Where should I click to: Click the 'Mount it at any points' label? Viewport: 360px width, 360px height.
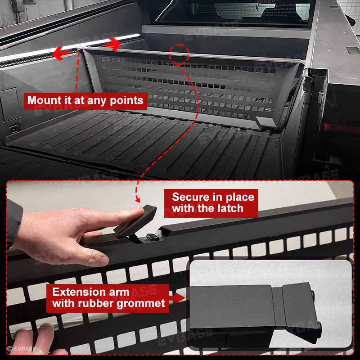pos(85,101)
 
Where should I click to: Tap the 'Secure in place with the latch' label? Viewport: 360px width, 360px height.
pos(211,203)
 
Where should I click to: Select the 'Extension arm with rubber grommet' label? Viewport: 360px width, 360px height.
pos(108,298)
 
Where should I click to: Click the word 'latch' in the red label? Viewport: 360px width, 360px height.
pos(230,208)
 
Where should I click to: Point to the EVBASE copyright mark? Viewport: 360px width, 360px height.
pos(22,349)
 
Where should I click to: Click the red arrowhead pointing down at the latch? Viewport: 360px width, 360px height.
pos(138,200)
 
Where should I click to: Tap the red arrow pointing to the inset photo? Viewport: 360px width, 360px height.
pos(177,298)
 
